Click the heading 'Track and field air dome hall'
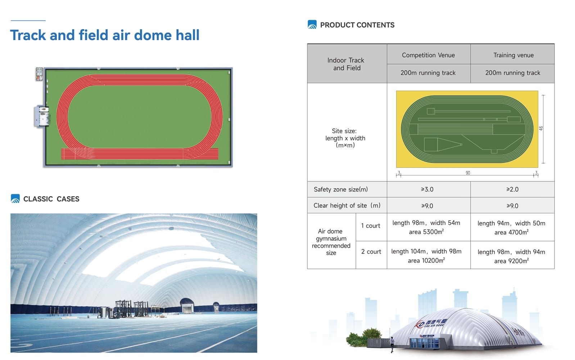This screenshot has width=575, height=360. point(105,35)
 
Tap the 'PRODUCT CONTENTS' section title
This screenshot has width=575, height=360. point(357,25)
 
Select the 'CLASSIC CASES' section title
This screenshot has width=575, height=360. point(51,199)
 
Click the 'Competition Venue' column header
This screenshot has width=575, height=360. point(428,55)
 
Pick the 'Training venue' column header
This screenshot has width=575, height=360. point(513,55)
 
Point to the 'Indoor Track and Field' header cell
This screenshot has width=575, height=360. point(346,64)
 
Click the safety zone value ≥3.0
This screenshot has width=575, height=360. point(427,189)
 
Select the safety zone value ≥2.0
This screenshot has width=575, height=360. point(512,189)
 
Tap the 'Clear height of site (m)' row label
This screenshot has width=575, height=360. point(347,206)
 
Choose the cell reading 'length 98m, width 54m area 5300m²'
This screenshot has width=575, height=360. point(426,227)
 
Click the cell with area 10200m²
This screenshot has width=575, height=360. point(426,256)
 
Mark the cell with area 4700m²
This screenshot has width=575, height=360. point(511,228)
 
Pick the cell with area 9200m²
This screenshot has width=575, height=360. point(511,256)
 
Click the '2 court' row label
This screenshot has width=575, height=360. point(371,252)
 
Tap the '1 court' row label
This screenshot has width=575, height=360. point(371,226)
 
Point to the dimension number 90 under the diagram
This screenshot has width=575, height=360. point(468,173)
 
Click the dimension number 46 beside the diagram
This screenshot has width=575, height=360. point(541,129)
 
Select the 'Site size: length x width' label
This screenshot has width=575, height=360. point(345,138)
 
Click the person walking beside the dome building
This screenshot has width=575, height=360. point(392,345)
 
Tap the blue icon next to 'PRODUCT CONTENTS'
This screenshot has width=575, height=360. point(312,24)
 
